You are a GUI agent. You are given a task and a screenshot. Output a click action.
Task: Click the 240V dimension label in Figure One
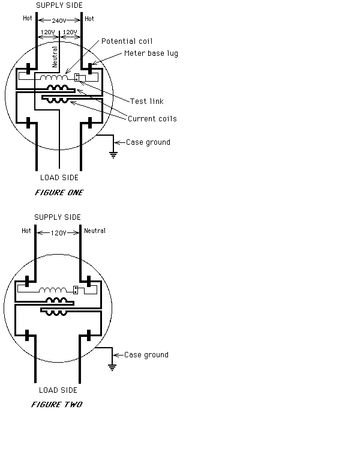59,20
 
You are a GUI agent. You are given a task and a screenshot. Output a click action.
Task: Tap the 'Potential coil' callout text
127,41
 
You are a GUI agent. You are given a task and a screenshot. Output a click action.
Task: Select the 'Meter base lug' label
151,53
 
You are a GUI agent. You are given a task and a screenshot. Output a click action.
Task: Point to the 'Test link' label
147,101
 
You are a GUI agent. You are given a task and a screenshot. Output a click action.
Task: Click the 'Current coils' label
152,119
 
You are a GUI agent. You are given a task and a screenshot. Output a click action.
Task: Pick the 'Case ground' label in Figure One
148,142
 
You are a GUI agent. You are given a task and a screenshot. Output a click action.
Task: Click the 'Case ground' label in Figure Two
146,355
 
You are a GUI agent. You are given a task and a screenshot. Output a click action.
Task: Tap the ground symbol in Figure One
113,155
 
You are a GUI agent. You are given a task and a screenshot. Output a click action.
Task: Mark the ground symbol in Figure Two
112,368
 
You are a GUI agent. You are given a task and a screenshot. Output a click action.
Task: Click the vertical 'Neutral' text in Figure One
55,57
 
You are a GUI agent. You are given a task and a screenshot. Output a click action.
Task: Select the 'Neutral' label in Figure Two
95,231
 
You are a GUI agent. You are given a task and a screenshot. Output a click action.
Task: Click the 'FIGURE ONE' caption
59,192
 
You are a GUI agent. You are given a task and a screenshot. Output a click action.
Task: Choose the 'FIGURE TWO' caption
57,405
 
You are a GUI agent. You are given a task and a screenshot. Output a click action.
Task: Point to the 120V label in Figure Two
58,233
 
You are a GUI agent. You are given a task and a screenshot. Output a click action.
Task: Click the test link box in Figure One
77,77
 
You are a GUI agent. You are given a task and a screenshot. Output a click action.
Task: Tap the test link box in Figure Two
76,290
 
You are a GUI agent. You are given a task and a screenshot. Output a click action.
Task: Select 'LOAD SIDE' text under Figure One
59,178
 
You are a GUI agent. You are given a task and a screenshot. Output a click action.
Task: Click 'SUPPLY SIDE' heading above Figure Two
58,217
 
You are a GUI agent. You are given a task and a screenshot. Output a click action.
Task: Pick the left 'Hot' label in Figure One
28,19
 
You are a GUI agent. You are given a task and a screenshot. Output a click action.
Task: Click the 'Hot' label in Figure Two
26,231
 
